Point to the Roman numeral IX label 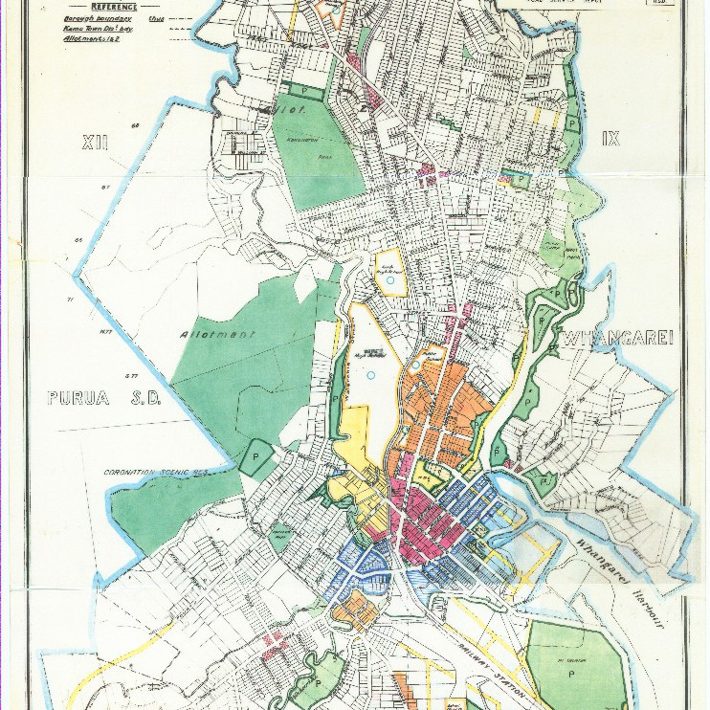[610, 139]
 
